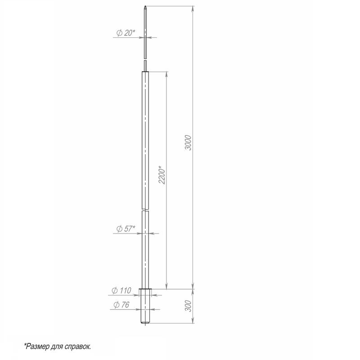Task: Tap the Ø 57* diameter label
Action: click(x=126, y=229)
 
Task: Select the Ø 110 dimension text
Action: click(x=121, y=290)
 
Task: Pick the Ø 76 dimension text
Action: click(x=121, y=305)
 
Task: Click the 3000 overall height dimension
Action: click(x=188, y=143)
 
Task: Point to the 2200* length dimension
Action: click(x=162, y=175)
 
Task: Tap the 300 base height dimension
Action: click(x=188, y=306)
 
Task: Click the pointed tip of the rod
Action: click(x=145, y=6)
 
